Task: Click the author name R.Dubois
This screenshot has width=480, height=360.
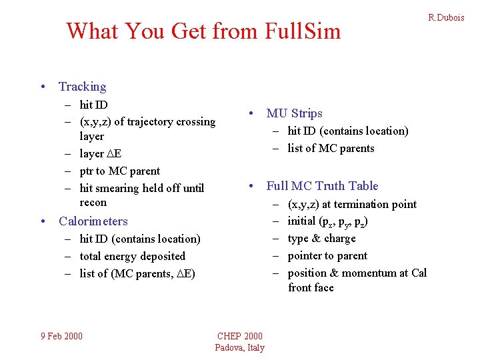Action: click(x=446, y=18)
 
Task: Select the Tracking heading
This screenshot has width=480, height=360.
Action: click(x=82, y=87)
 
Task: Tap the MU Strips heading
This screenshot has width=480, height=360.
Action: click(x=294, y=113)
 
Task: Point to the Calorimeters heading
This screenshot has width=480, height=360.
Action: click(x=93, y=221)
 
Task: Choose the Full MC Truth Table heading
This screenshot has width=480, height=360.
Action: click(x=322, y=186)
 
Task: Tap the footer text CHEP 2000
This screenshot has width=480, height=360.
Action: click(x=240, y=336)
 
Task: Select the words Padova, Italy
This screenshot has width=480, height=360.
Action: click(x=240, y=347)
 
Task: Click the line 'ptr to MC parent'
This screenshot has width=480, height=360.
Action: click(x=120, y=171)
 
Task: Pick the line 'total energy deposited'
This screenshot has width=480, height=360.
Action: click(x=133, y=256)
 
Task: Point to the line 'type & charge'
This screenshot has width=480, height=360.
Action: click(x=321, y=239)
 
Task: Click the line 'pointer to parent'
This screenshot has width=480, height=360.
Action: click(x=327, y=256)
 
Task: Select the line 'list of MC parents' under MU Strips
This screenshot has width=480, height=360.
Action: click(x=331, y=149)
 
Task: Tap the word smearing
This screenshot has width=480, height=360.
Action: click(x=121, y=188)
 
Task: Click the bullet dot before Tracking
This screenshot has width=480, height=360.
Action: click(x=43, y=87)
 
